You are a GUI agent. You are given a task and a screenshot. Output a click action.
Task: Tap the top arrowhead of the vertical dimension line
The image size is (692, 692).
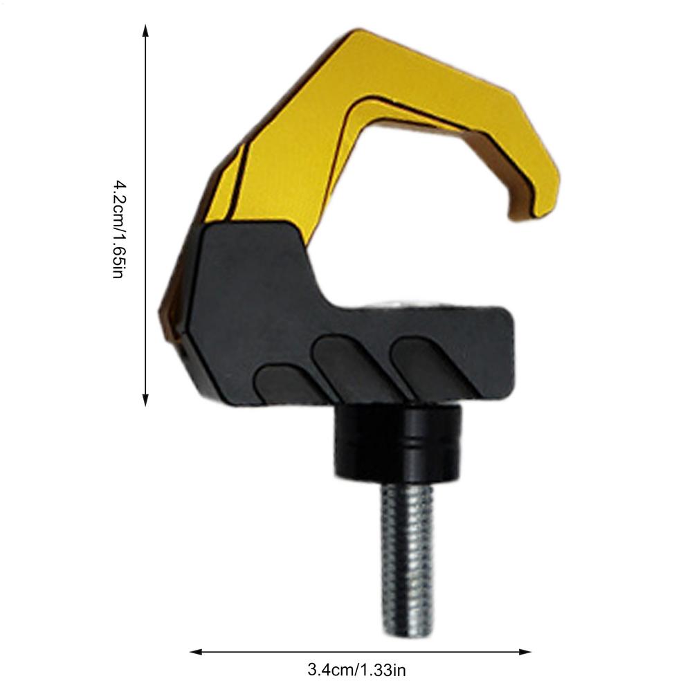(145, 29)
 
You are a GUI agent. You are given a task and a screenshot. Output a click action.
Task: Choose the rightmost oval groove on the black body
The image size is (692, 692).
(422, 363)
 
